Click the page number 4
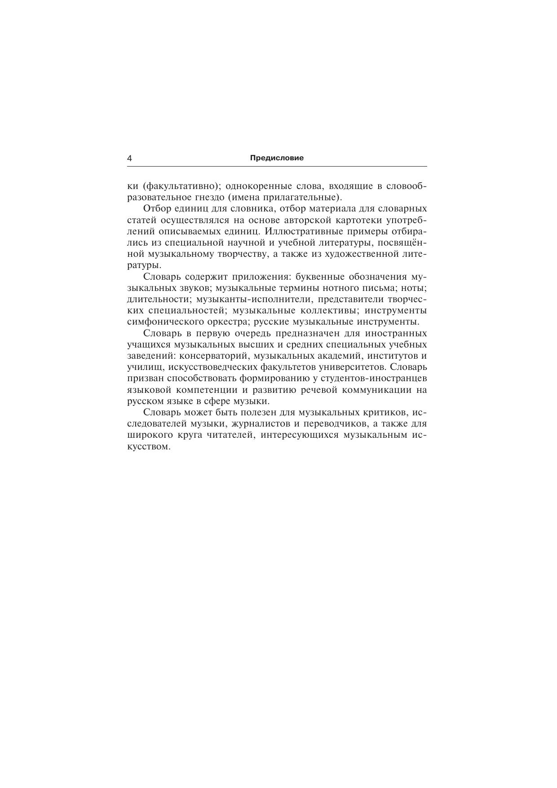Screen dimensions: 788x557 pyautogui.click(x=130, y=158)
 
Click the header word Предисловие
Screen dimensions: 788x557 pyautogui.click(x=277, y=158)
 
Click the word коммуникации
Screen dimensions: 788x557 pyautogui.click(x=377, y=390)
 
